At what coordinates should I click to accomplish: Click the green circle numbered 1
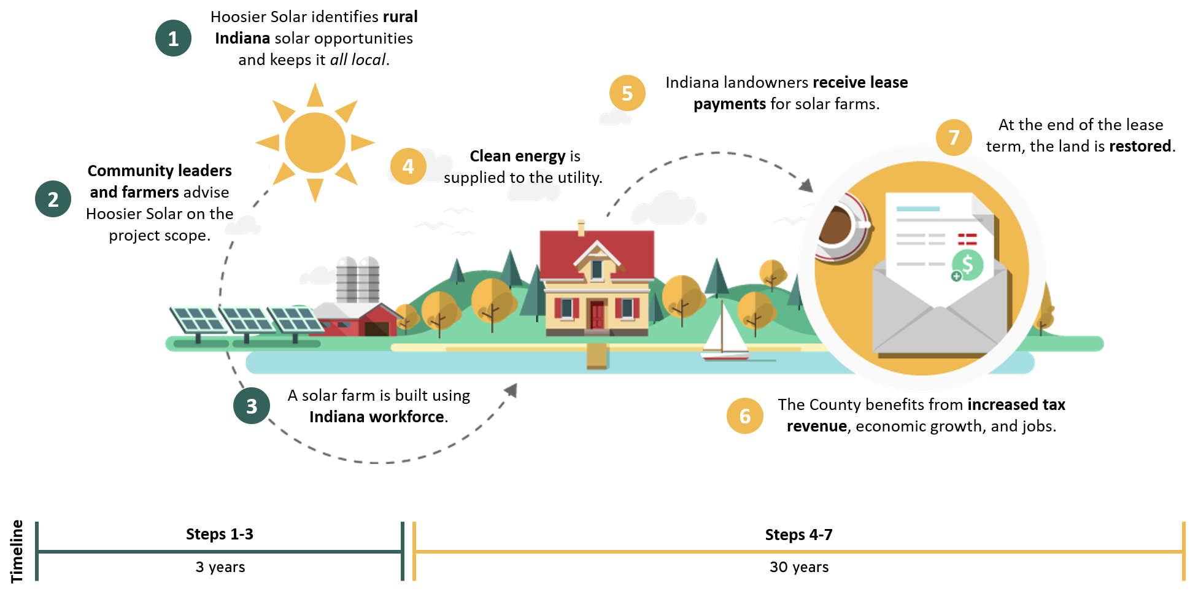[173, 38]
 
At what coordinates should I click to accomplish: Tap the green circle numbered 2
[53, 199]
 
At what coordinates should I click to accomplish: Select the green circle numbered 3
[251, 406]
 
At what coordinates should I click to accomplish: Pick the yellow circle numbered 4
[408, 166]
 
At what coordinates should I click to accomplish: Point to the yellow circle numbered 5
[627, 93]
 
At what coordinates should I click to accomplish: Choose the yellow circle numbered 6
[744, 416]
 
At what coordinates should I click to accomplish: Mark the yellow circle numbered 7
[954, 137]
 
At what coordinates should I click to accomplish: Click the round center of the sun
[315, 142]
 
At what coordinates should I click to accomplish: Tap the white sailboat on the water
[725, 334]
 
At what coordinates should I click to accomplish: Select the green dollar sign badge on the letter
[967, 265]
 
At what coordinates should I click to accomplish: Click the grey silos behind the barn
[358, 280]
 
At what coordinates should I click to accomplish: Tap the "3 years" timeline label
[220, 567]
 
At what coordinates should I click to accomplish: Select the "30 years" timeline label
[799, 567]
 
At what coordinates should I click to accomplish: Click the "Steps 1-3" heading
[220, 534]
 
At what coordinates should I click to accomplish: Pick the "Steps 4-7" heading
[798, 535]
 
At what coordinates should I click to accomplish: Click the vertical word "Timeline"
[17, 551]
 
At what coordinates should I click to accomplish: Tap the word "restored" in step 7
[1140, 146]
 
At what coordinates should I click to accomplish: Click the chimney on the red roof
[581, 228]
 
